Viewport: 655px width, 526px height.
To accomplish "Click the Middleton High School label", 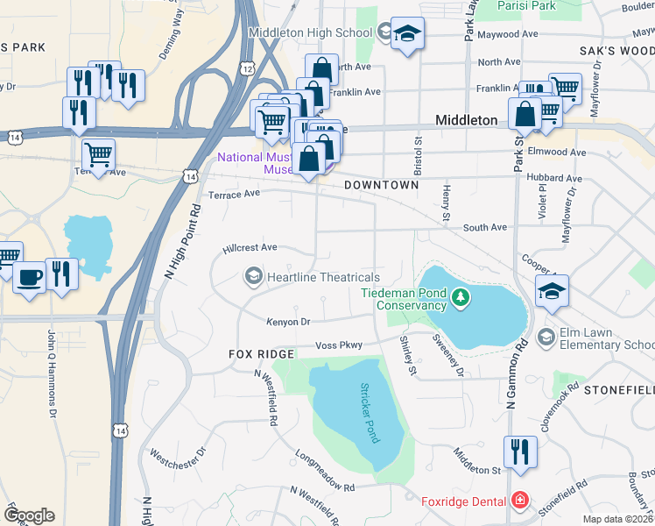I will [x=310, y=33].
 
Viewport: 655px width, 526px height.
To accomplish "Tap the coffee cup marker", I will [x=30, y=277].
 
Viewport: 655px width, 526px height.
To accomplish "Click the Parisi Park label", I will [x=526, y=5].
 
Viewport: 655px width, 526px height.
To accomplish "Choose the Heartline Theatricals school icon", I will [x=253, y=277].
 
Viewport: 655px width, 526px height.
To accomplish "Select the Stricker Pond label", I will [x=367, y=412].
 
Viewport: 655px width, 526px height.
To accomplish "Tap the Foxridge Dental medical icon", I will [x=520, y=501].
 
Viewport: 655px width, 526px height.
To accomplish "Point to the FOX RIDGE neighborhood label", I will [x=261, y=354].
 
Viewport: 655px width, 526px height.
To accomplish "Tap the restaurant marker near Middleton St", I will [x=520, y=451].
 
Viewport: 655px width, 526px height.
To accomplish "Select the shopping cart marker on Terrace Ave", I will [x=98, y=155].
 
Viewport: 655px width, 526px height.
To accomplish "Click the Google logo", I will [x=29, y=515].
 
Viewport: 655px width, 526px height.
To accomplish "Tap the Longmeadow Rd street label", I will [x=325, y=472].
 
